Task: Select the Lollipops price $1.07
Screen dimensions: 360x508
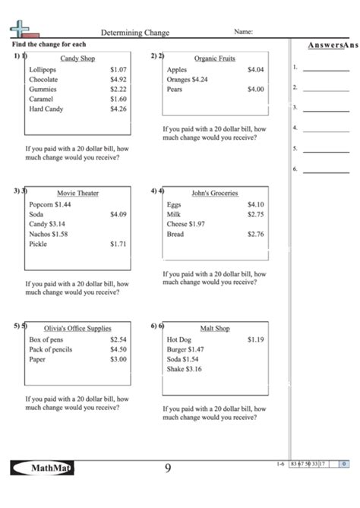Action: coord(118,69)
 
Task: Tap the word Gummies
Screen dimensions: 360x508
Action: coord(43,89)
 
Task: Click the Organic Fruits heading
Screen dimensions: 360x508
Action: coord(215,58)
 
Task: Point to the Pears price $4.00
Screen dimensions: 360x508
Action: coord(255,89)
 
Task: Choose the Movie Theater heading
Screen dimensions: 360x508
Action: coord(77,193)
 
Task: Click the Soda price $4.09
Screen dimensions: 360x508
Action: coord(118,214)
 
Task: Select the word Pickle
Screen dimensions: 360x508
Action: coord(38,244)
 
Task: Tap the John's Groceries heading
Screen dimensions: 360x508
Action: coord(215,193)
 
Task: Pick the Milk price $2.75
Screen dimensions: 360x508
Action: coord(255,214)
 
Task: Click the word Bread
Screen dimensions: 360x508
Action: coord(175,234)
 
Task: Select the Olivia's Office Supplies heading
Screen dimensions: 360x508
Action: coord(77,328)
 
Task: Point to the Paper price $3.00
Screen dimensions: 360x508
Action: coord(118,359)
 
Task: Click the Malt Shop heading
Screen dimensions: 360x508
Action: coord(215,328)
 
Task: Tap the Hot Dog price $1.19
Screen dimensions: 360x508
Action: coord(255,339)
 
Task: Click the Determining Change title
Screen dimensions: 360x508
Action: coord(135,33)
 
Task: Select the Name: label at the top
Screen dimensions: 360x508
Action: coord(243,33)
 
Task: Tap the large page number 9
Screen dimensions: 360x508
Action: coord(168,468)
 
